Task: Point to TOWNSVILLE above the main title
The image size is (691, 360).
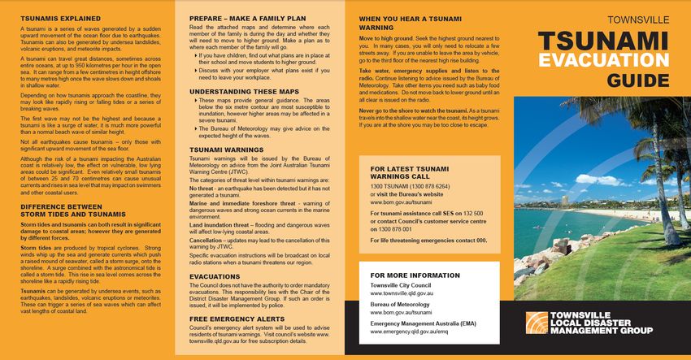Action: (x=639, y=16)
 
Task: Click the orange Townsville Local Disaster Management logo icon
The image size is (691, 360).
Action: (x=534, y=323)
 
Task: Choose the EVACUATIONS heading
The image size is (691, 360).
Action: (x=215, y=277)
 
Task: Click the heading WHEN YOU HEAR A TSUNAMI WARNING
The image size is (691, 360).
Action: (x=404, y=22)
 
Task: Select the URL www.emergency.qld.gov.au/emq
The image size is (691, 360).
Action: (x=409, y=332)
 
